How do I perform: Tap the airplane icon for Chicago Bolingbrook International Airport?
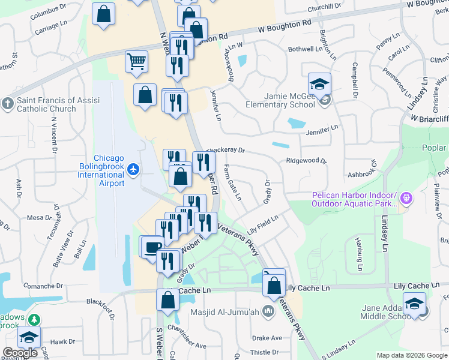click(x=134, y=170)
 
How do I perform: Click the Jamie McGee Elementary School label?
click(x=280, y=100)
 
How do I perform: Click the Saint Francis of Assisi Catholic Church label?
click(x=47, y=104)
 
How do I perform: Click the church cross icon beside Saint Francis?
click(x=7, y=103)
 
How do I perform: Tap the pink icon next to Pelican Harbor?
click(x=406, y=197)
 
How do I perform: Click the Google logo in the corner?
click(x=20, y=353)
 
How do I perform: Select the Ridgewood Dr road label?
click(x=306, y=161)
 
